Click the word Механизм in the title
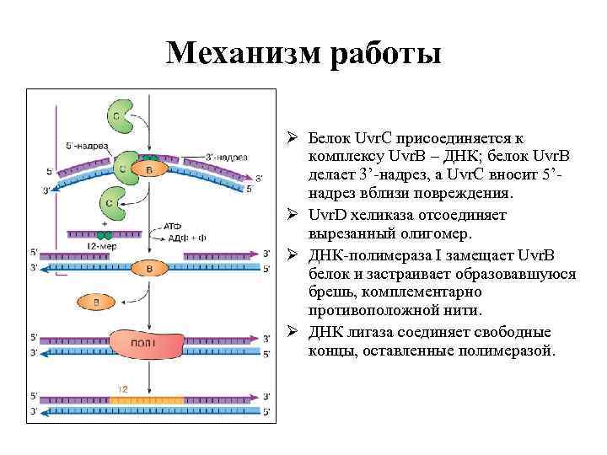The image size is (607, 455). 237,53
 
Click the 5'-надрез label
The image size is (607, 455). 85,146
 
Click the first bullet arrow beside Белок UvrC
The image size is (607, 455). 291,136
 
